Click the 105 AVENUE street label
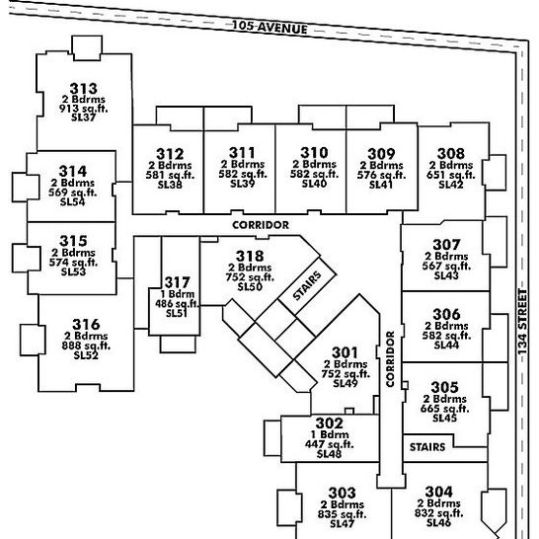pyautogui.click(x=269, y=28)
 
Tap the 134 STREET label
pyautogui.click(x=522, y=322)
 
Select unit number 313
pyautogui.click(x=83, y=88)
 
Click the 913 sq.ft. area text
pyautogui.click(x=83, y=109)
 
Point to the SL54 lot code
pyautogui.click(x=72, y=201)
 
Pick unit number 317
pyautogui.click(x=177, y=282)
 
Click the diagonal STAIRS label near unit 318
pyautogui.click(x=307, y=285)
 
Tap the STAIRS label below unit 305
pyautogui.click(x=427, y=447)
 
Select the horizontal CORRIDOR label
pyautogui.click(x=261, y=225)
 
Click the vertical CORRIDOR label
pyautogui.click(x=390, y=359)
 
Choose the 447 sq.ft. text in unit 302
pyautogui.click(x=330, y=444)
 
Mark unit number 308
pyautogui.click(x=451, y=153)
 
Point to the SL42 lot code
pyautogui.click(x=451, y=185)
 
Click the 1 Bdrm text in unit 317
pyautogui.click(x=178, y=294)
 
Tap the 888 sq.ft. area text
pyautogui.click(x=86, y=346)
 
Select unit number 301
pyautogui.click(x=345, y=352)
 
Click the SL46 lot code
pyautogui.click(x=438, y=523)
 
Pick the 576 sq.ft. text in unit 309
pyautogui.click(x=381, y=175)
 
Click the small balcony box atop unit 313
pyautogui.click(x=87, y=47)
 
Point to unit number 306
pyautogui.click(x=446, y=314)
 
